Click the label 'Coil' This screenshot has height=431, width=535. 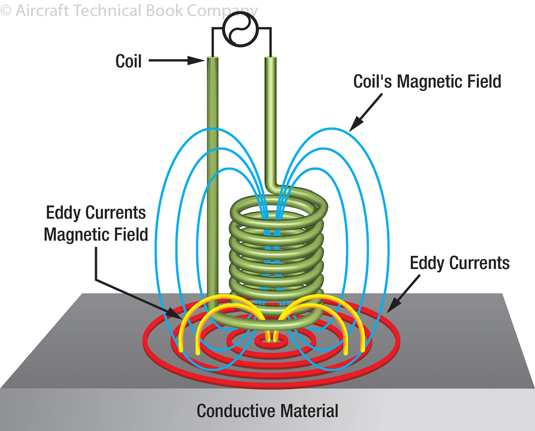tap(128, 61)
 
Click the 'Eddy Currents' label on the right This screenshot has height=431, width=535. tap(460, 263)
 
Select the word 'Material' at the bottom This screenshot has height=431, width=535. tap(309, 411)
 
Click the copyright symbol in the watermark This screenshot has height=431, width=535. tap(6, 10)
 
